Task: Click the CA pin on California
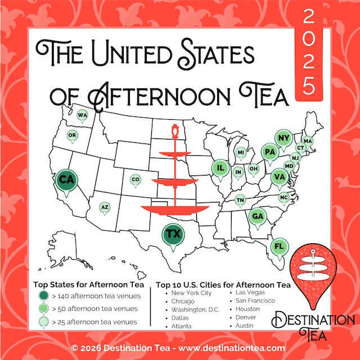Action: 66,181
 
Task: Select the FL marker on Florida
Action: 278,246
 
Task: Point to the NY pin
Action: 283,138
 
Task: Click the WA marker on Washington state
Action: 83,116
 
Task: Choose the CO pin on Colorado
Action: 134,179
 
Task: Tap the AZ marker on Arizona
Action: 104,208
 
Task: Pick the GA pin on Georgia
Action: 258,217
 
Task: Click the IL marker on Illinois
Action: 220,168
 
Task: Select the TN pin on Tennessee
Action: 240,200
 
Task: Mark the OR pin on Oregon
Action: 72,135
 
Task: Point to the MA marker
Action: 307,141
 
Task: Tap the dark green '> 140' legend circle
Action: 43,295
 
